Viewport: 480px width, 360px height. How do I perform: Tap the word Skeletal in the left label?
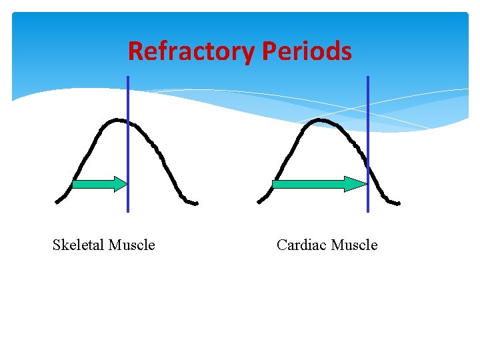click(79, 245)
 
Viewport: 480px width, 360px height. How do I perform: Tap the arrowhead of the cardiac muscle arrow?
click(356, 184)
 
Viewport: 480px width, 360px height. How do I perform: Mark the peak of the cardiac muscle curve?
click(321, 120)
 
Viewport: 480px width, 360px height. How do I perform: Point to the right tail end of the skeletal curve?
click(196, 203)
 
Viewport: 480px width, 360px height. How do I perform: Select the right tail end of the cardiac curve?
click(398, 203)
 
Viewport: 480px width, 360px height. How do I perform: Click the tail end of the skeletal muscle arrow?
click(74, 184)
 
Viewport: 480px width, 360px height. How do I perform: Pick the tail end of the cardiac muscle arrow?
click(275, 184)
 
